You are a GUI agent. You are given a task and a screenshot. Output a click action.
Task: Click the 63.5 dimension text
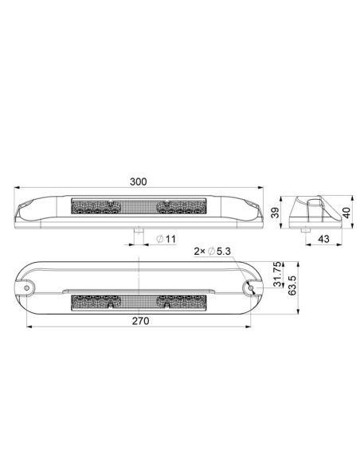click(292, 283)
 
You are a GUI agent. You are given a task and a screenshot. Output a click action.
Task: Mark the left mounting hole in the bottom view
click(28, 285)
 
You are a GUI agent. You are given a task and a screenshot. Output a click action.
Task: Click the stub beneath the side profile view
click(307, 228)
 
